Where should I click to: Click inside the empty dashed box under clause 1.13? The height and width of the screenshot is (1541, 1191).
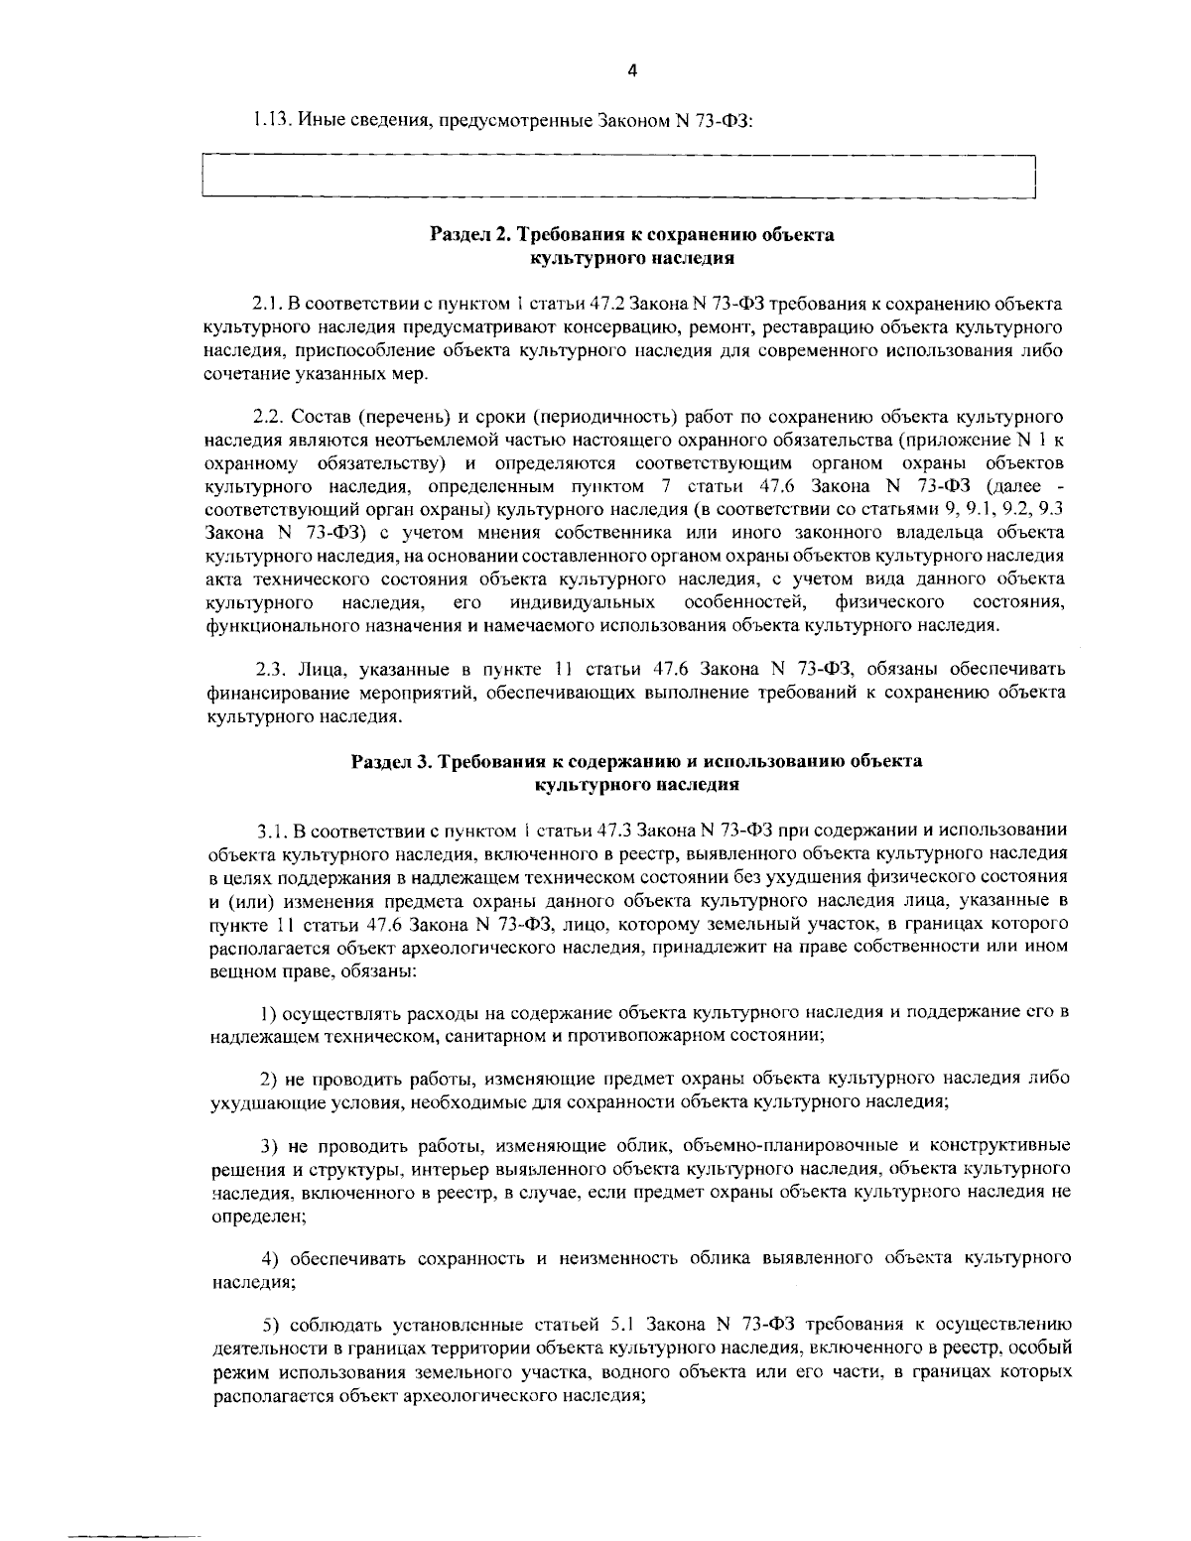tap(617, 178)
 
